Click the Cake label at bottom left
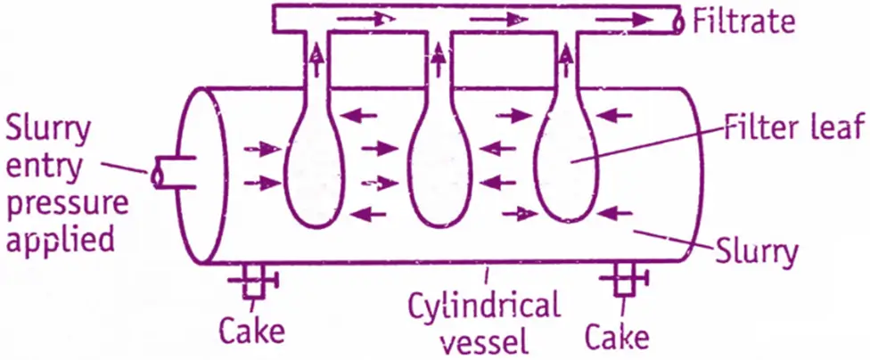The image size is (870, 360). [252, 332]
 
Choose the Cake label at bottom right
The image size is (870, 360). [618, 337]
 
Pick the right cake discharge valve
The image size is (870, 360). [628, 282]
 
